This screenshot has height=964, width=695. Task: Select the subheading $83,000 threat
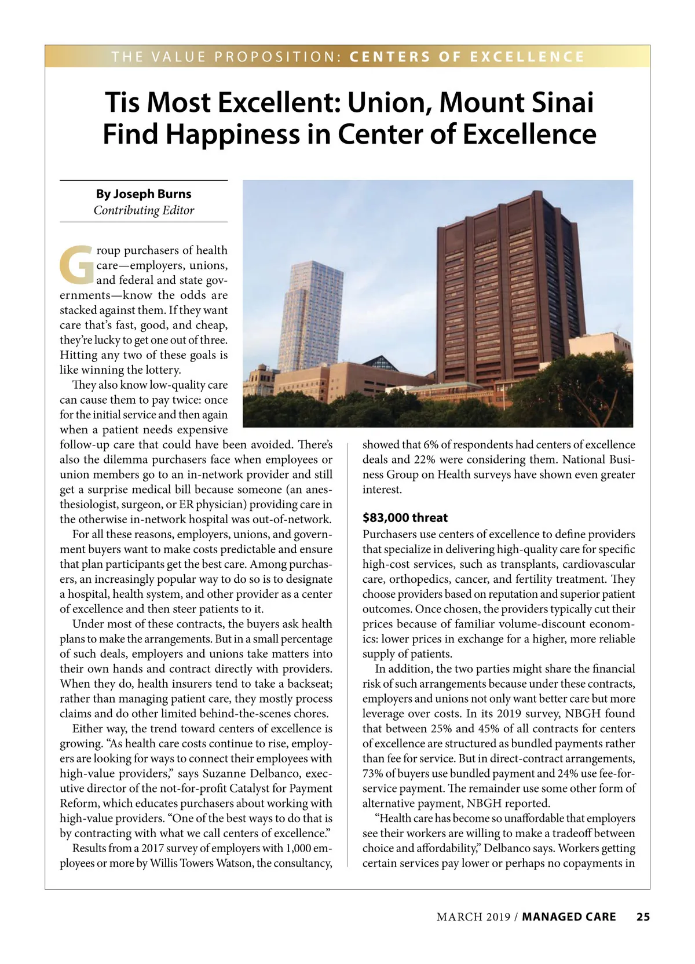click(405, 517)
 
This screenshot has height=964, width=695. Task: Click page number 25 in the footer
click(643, 916)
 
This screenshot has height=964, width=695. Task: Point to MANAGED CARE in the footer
click(569, 916)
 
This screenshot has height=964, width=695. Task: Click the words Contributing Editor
click(144, 210)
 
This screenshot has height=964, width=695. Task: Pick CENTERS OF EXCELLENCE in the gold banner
click(467, 57)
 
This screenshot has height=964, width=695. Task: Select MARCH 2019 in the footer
click(473, 916)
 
